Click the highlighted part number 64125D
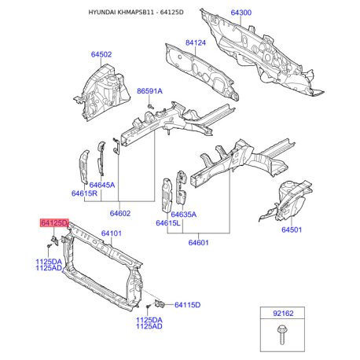[54, 223]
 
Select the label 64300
[241, 13]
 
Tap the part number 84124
[196, 42]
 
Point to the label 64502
[101, 54]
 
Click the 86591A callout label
[149, 91]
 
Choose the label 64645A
[102, 185]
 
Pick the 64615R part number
[84, 193]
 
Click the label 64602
[120, 213]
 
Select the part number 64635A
[183, 215]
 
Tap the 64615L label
[168, 223]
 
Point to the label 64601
[199, 242]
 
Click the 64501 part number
[292, 230]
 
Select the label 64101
[112, 233]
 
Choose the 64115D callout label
[188, 305]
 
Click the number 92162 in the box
[283, 314]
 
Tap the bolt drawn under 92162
[281, 335]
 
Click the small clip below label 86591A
[150, 106]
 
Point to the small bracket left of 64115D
[160, 303]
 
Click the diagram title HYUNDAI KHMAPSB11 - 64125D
[136, 13]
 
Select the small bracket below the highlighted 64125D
[54, 241]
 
